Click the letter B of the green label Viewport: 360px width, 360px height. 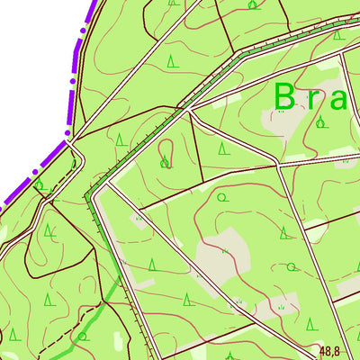click(284, 96)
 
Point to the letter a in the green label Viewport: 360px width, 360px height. click(337, 99)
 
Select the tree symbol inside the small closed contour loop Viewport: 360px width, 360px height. click(164, 162)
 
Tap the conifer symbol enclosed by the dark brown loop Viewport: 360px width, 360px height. click(50, 233)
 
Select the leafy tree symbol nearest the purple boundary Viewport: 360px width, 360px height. click(39, 185)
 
